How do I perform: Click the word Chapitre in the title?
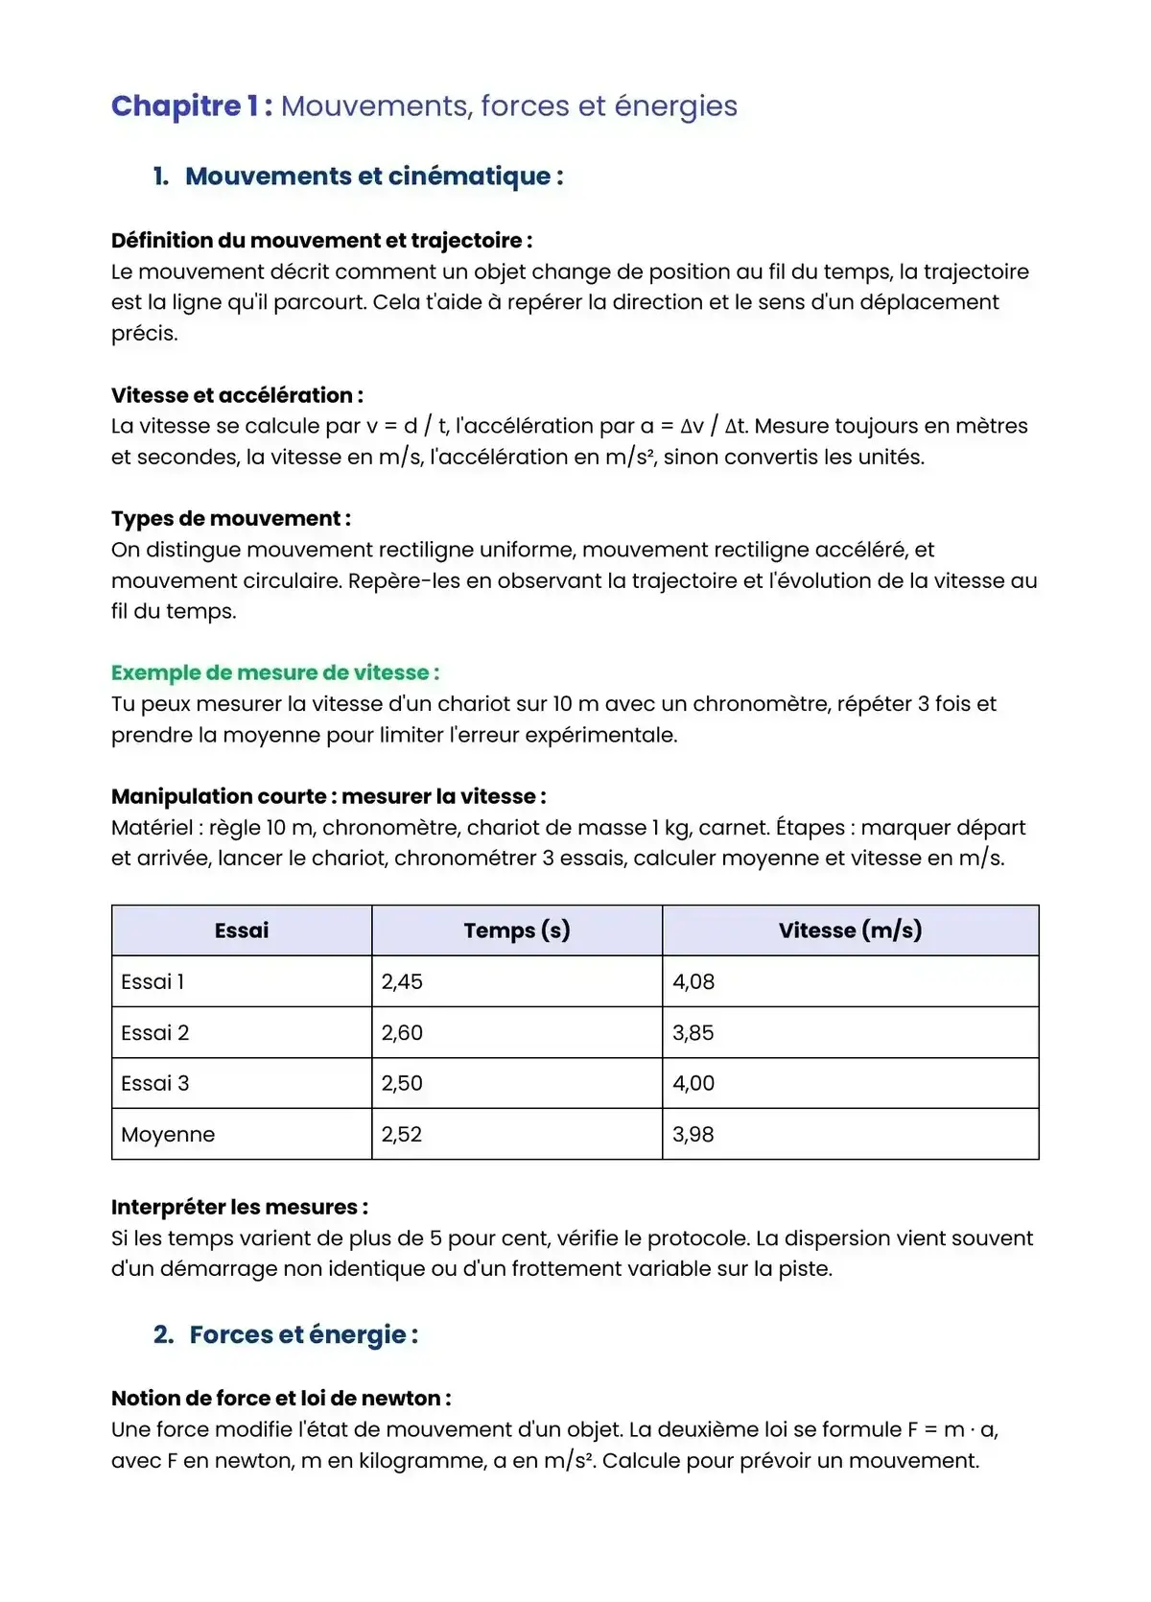tap(176, 106)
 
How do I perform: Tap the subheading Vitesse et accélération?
tap(237, 395)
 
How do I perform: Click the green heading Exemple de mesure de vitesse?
tap(274, 672)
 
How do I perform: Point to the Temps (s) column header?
tap(516, 931)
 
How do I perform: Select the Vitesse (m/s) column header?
tap(850, 931)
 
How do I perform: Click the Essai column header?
tap(242, 931)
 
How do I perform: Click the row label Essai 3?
tap(155, 1083)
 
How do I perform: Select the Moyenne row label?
tap(168, 1134)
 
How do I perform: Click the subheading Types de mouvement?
tap(230, 519)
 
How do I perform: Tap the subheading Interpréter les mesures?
tap(239, 1207)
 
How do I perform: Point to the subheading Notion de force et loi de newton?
tap(280, 1399)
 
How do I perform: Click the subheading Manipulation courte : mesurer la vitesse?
tap(328, 796)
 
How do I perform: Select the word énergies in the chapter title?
tap(675, 106)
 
